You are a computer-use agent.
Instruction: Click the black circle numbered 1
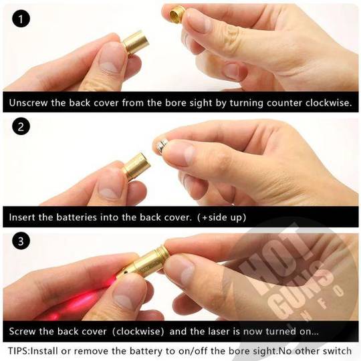21,19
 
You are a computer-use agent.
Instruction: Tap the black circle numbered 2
21,126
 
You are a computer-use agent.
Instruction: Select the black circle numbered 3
21,241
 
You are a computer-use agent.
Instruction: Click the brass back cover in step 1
177,13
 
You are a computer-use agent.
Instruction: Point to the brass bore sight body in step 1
135,43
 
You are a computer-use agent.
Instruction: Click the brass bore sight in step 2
136,166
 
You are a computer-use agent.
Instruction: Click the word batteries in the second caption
77,217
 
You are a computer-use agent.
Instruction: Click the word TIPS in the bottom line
18,351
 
